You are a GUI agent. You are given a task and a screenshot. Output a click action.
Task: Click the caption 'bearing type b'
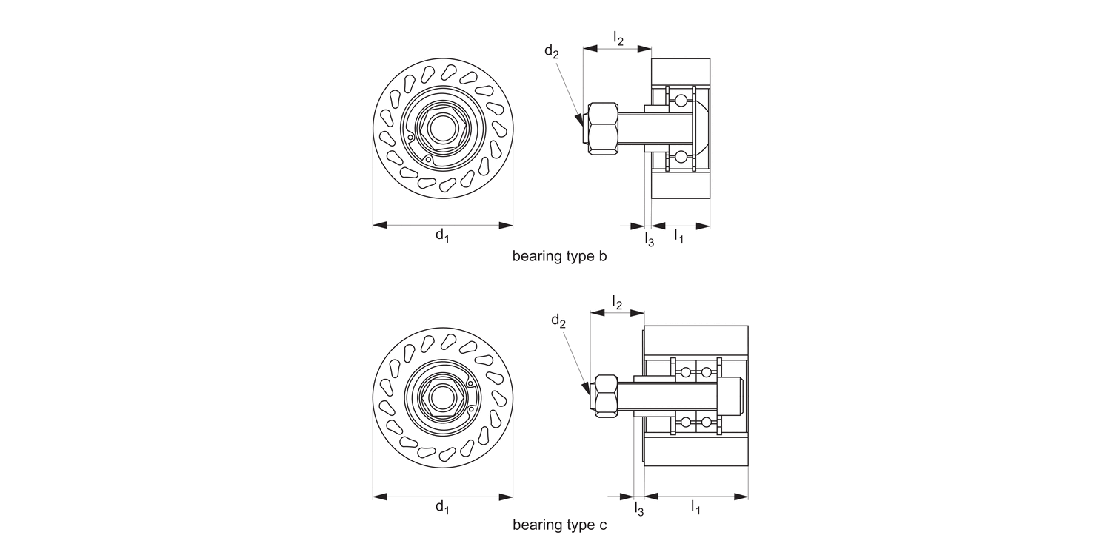[559, 257]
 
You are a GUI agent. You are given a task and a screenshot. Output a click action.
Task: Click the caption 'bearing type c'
[559, 525]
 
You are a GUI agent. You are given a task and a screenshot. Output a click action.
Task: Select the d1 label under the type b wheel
[442, 235]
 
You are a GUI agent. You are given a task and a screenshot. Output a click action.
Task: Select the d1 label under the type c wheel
[442, 507]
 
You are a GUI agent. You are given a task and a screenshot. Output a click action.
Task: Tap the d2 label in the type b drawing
[552, 51]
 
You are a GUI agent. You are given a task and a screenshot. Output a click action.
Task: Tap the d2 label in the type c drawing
[558, 320]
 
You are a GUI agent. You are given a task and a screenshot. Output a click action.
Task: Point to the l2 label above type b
[618, 37]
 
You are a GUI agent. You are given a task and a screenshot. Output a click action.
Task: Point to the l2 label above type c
[616, 301]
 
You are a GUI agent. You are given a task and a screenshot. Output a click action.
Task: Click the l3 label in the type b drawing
[649, 239]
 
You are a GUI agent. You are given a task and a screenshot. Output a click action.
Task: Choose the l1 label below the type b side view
[678, 236]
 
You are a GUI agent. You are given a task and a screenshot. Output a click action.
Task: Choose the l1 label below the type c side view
[695, 507]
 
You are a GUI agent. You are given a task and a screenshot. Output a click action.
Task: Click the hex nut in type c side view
[605, 395]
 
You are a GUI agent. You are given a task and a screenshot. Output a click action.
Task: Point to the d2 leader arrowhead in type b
[580, 118]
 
